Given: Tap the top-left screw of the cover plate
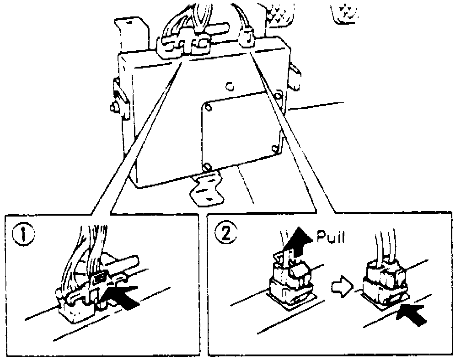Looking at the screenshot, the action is click(x=208, y=107).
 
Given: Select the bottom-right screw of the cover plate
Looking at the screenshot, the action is click(x=276, y=148).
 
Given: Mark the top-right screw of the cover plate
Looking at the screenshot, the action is click(x=277, y=95).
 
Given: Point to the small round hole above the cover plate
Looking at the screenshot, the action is click(x=230, y=86).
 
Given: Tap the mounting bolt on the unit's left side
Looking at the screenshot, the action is click(x=114, y=107).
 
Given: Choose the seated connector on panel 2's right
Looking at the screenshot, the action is click(x=384, y=281).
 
